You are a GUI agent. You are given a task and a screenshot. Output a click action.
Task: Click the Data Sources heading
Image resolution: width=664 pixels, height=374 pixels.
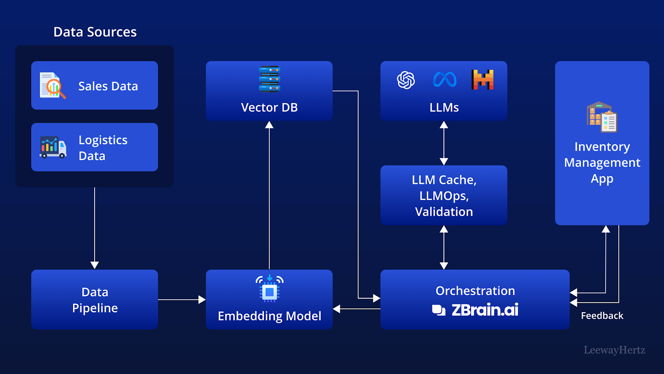pyautogui.click(x=95, y=32)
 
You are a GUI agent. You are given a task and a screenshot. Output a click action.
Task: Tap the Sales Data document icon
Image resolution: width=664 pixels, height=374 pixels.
pyautogui.click(x=52, y=86)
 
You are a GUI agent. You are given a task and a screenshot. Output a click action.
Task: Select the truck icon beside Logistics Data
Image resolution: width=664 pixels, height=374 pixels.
pyautogui.click(x=53, y=147)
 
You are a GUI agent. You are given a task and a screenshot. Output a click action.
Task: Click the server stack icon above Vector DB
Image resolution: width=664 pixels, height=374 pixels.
pyautogui.click(x=269, y=79)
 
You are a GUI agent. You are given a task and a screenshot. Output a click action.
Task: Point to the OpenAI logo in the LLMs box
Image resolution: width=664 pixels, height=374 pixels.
pyautogui.click(x=406, y=80)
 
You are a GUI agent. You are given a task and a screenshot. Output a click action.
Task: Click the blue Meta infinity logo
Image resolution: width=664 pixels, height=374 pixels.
pyautogui.click(x=444, y=79)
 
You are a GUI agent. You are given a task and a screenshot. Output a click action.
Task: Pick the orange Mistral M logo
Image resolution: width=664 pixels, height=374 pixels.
pyautogui.click(x=483, y=79)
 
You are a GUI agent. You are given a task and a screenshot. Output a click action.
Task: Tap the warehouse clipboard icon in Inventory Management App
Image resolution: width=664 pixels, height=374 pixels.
pyautogui.click(x=602, y=117)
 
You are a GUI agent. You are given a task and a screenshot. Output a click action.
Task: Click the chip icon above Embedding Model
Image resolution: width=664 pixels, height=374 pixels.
pyautogui.click(x=269, y=288)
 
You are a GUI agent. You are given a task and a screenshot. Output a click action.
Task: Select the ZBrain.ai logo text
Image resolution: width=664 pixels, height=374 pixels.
pyautogui.click(x=475, y=310)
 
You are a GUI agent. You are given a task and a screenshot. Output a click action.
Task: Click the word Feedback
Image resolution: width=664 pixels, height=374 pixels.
pyautogui.click(x=602, y=315)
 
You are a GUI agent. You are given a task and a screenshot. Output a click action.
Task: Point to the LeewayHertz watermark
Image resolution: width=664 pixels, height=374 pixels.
pyautogui.click(x=615, y=350)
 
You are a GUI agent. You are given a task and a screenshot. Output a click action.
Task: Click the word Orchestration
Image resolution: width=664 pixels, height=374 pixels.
pyautogui.click(x=475, y=291)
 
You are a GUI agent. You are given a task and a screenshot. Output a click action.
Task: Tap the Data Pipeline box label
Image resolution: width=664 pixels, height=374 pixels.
pyautogui.click(x=95, y=300)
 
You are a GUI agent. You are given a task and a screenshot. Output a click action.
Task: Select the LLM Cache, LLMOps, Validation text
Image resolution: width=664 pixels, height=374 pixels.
pyautogui.click(x=444, y=196)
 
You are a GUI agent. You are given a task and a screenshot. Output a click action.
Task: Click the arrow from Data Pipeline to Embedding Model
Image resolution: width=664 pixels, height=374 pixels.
pyautogui.click(x=182, y=300)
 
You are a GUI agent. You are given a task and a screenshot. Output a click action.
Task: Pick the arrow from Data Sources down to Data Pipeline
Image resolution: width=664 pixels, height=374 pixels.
pyautogui.click(x=95, y=228)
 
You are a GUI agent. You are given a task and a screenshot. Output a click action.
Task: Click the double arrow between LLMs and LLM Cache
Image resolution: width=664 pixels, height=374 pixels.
pyautogui.click(x=444, y=143)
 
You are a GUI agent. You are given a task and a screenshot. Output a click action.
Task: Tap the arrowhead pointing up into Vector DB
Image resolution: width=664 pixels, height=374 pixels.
pyautogui.click(x=269, y=125)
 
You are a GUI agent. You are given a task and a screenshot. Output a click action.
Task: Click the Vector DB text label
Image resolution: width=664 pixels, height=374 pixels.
pyautogui.click(x=269, y=108)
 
